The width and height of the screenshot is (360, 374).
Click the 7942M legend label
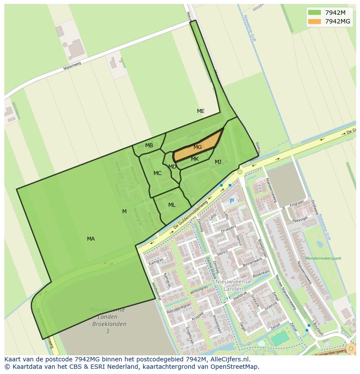point(335,12)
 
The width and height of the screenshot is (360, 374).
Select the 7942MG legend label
point(337,21)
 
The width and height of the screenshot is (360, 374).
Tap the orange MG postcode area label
point(197,147)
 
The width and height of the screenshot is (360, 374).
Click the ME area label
point(200,111)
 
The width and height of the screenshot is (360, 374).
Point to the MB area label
point(149,146)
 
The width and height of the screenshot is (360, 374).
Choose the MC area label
point(157,173)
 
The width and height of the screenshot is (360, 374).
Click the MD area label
point(172,167)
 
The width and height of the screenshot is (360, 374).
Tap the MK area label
point(195,159)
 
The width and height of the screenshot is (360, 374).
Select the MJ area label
point(218,162)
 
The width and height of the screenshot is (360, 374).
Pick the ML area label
point(172,205)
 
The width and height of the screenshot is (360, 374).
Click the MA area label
point(90,239)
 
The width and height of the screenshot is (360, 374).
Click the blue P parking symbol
point(232,201)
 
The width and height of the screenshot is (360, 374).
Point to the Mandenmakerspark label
point(323,258)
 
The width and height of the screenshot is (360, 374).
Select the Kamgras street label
point(155,263)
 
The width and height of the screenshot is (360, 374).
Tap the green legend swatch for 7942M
point(314,12)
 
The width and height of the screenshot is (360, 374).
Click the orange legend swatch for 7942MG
point(314,21)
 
